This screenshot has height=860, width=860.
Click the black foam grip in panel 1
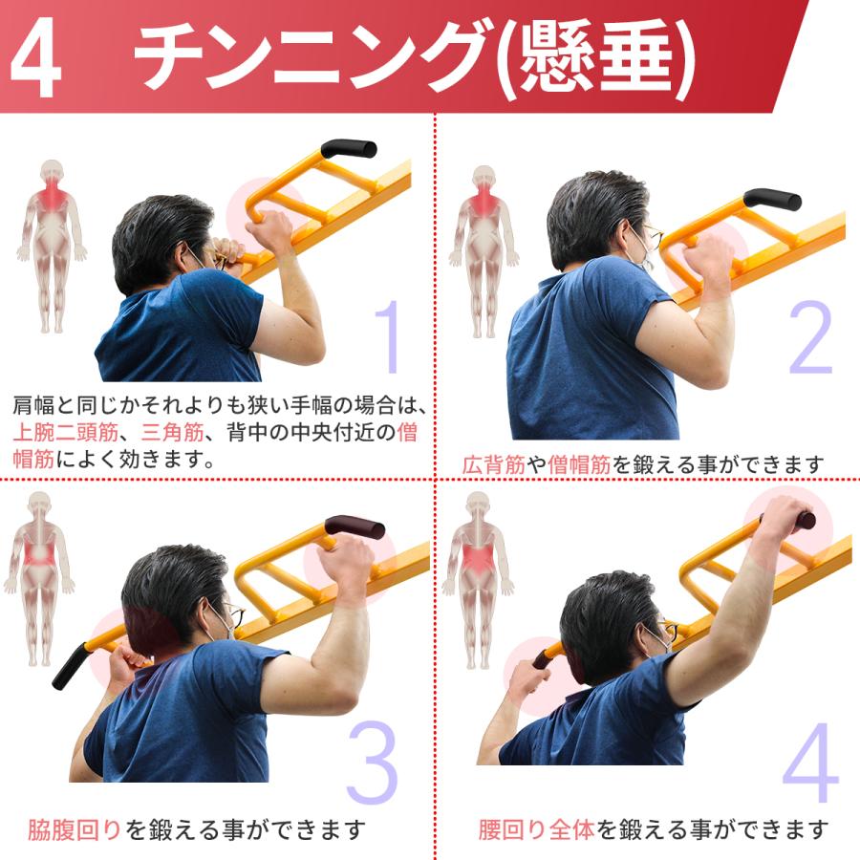click(x=349, y=148)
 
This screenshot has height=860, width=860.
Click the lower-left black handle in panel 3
click(x=69, y=665)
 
